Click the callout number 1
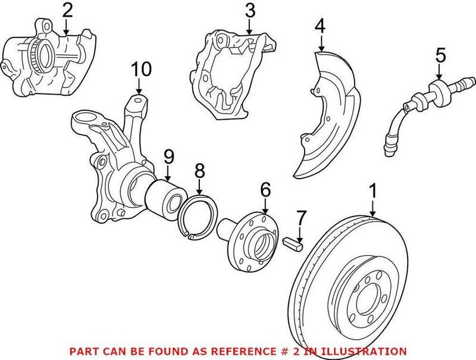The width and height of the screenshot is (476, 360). point(373,192)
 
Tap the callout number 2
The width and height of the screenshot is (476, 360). point(67,10)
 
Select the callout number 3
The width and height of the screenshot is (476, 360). point(250,10)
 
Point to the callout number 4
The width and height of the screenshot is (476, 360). point(320,26)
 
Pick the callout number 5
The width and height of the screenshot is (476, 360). point(440,55)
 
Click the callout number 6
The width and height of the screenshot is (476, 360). point(265,190)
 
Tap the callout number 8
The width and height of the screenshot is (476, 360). point(199,171)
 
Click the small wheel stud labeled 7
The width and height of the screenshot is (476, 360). point(295,242)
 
